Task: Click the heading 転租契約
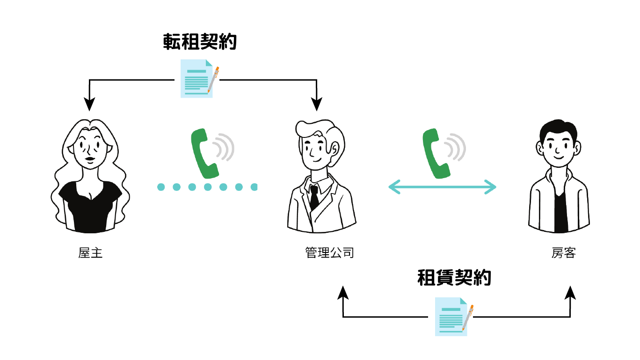click(200, 42)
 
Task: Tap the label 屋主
click(90, 253)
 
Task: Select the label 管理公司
click(329, 253)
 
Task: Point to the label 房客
click(563, 253)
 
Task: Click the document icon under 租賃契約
click(452, 317)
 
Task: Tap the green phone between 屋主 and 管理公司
click(204, 154)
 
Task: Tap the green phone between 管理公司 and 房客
click(436, 154)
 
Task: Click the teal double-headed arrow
click(442, 187)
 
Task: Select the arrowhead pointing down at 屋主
click(89, 102)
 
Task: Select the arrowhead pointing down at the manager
click(317, 103)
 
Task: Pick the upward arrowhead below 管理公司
click(343, 294)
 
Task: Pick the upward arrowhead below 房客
click(570, 293)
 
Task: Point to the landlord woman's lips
click(89, 160)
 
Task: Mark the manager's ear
click(335, 148)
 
